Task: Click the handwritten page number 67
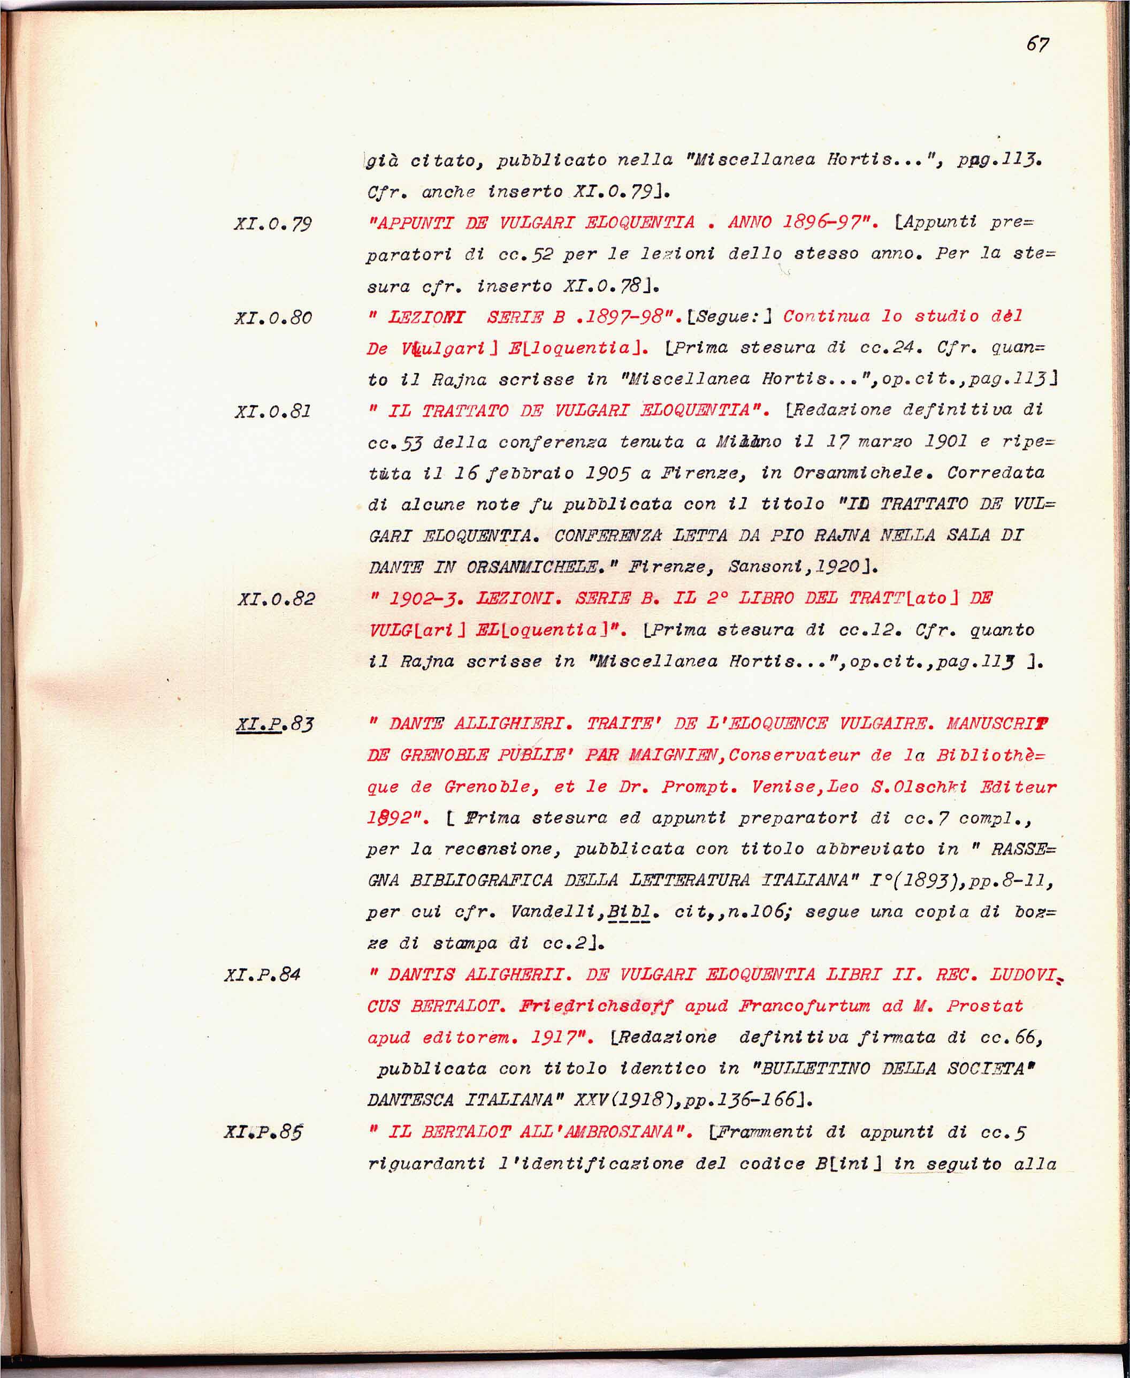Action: click(1037, 44)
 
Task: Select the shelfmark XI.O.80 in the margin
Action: click(273, 318)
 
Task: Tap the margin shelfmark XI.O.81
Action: click(273, 412)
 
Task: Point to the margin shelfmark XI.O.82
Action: click(276, 599)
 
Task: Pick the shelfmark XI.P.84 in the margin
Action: click(262, 975)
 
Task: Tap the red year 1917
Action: click(560, 1038)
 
